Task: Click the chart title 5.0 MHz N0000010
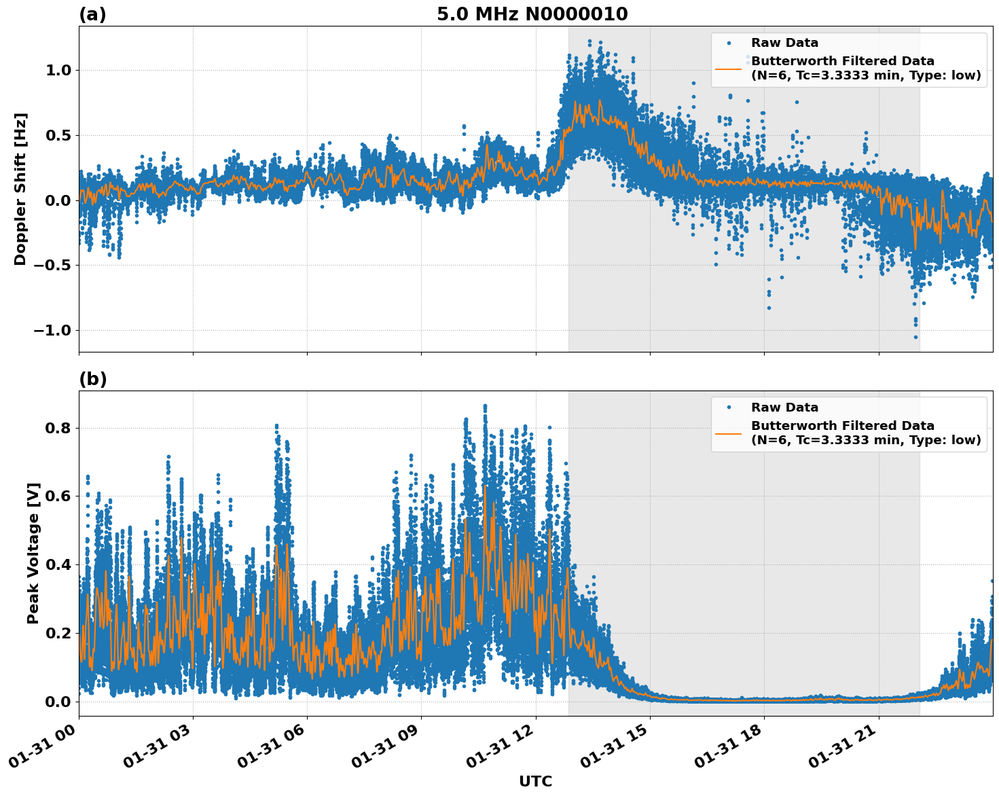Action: point(532,14)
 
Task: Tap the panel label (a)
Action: point(92,14)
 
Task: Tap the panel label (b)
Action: point(92,379)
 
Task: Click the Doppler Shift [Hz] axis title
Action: point(20,189)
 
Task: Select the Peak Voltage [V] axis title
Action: point(33,553)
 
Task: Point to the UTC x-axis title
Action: point(535,781)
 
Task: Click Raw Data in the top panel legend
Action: point(784,43)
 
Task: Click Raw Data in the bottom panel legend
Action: point(784,408)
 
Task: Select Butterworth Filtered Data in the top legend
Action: point(842,61)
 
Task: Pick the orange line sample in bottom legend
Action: point(728,433)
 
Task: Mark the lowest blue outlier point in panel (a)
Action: point(915,337)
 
